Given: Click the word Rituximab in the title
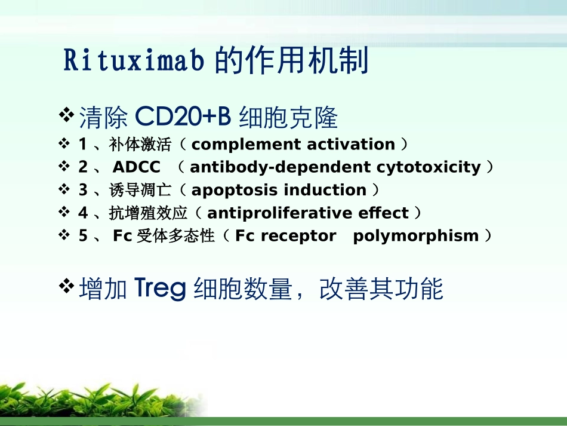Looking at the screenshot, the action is point(134,60).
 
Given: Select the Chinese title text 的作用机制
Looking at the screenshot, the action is point(291,60).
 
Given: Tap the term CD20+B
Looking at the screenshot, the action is point(183,117).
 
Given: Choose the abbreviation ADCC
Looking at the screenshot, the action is point(136,167).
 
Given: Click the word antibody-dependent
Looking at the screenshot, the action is point(281,167).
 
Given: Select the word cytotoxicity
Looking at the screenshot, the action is point(429,167).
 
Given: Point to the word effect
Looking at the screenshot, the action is point(383,213).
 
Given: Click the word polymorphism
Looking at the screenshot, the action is point(416,236).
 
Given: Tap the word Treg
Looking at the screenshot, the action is point(160,289).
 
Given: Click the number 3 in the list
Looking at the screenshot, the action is point(83,190).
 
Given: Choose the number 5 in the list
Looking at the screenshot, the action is point(83,236).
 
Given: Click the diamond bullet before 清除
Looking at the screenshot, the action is point(66,115).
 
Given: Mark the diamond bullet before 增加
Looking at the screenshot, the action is point(66,286).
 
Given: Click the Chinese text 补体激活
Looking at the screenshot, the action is point(140,145).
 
